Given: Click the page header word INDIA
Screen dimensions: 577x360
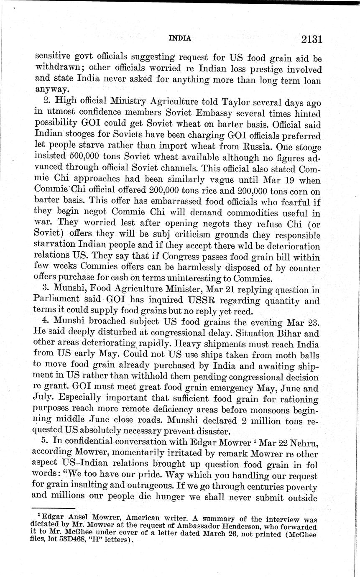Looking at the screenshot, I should pyautogui.click(x=179, y=38).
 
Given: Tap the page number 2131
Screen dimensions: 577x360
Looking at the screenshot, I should pyautogui.click(x=311, y=39).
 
